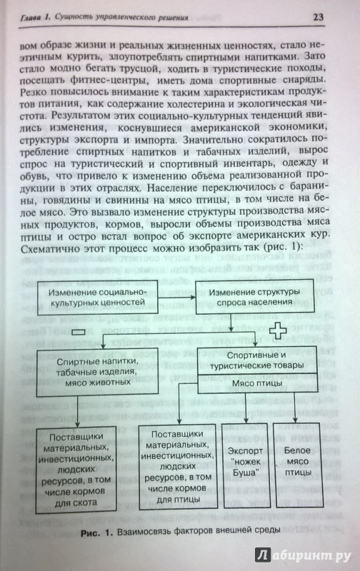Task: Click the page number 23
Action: coord(318,17)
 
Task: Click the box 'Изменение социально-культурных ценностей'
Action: coord(97,296)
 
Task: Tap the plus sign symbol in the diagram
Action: coord(279,330)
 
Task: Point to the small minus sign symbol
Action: coord(79,332)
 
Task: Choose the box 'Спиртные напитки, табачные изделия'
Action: coord(98,371)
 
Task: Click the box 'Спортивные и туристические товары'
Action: coord(257,360)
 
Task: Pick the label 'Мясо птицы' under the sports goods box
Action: coord(257,383)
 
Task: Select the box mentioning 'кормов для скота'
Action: coord(76,470)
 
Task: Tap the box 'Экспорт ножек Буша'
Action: coord(246,465)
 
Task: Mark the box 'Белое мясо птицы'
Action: coord(298,465)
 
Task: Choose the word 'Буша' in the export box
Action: coord(246,473)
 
